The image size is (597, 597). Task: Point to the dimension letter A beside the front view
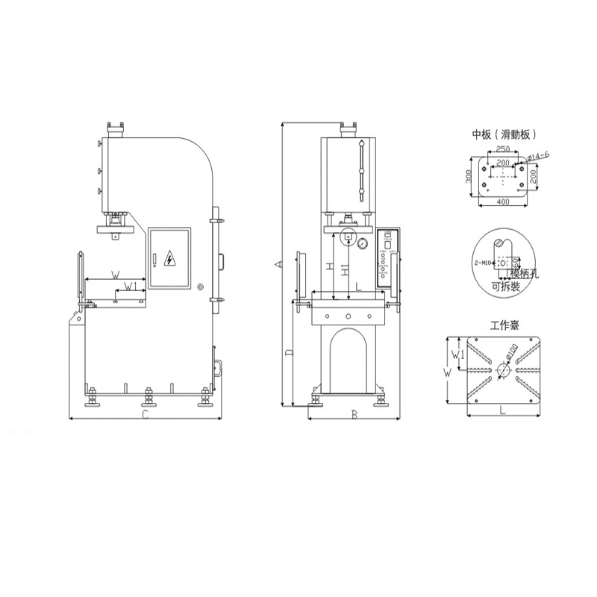[277, 263]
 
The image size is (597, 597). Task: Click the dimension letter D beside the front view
[289, 349]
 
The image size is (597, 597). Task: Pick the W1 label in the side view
[130, 286]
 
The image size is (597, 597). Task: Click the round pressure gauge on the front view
[363, 243]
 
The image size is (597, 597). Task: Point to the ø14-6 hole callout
[538, 155]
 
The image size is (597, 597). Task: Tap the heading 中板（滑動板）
[504, 135]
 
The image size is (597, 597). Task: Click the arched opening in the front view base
[348, 358]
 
